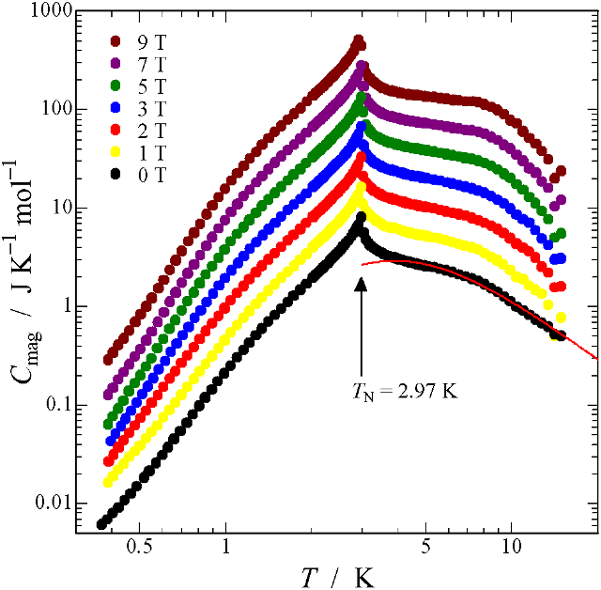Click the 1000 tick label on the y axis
42,11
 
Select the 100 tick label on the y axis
47,110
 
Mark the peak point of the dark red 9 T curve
358,40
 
